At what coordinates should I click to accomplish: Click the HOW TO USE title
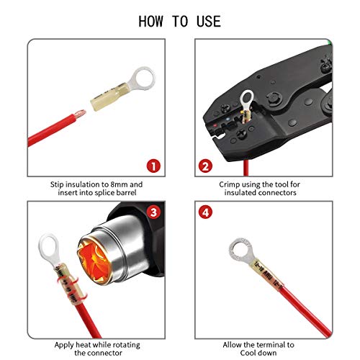click(179, 21)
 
